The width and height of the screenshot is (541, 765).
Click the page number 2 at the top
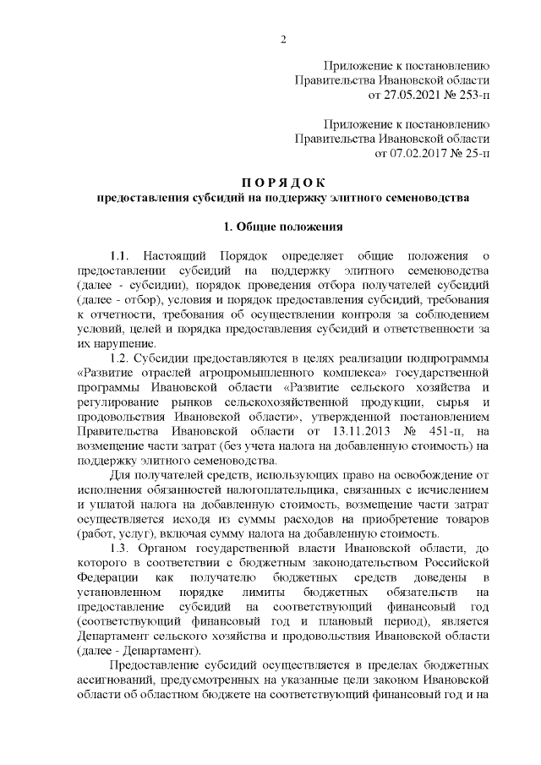pos(283,39)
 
